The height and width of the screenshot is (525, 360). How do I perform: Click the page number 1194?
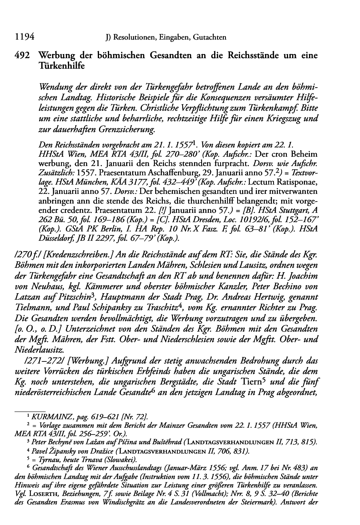[23, 38]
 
